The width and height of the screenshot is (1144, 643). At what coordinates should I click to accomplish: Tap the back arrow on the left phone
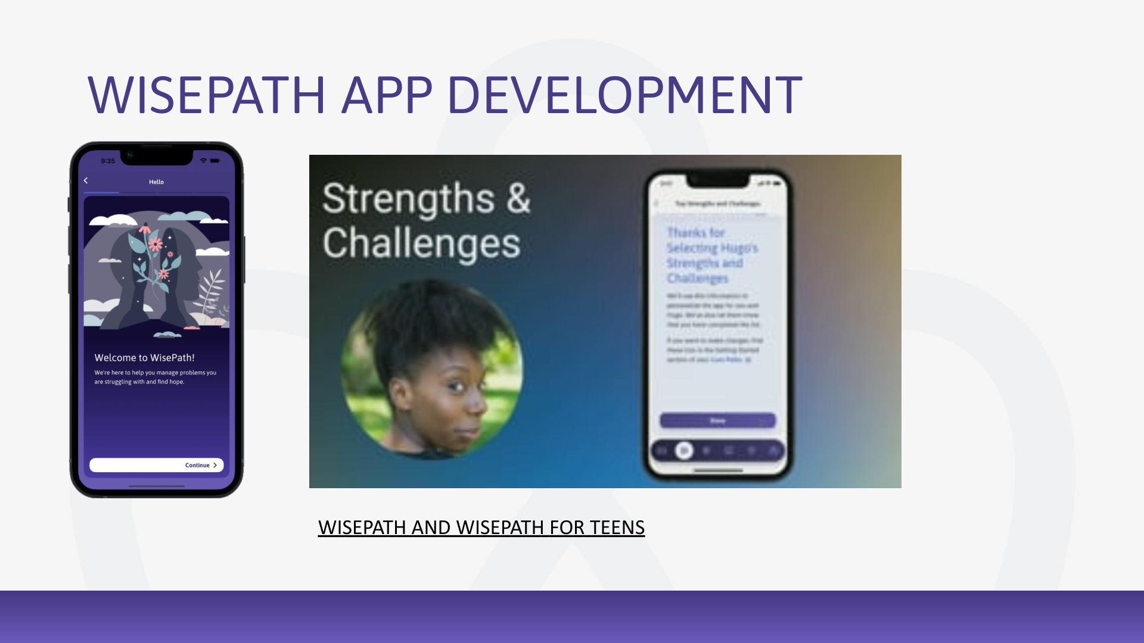click(x=86, y=180)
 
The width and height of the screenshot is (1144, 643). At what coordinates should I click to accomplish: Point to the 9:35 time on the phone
click(x=108, y=161)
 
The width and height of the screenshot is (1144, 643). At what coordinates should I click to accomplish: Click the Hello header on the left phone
click(x=156, y=182)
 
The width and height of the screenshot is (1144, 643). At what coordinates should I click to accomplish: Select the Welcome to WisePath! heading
click(x=144, y=357)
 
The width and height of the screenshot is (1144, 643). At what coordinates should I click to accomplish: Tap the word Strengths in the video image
click(x=408, y=198)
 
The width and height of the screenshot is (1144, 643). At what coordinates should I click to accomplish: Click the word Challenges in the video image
click(x=421, y=244)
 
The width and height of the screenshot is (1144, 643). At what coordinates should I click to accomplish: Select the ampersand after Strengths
click(x=518, y=198)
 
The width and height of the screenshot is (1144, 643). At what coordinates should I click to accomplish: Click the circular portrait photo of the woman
click(x=432, y=369)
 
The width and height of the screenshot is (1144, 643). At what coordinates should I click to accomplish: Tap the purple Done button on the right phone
click(x=717, y=420)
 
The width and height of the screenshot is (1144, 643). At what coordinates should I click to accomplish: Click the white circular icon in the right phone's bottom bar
click(x=684, y=451)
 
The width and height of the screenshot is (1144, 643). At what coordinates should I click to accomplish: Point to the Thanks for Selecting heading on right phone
click(x=711, y=255)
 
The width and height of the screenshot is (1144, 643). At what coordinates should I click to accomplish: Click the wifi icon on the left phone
click(x=203, y=161)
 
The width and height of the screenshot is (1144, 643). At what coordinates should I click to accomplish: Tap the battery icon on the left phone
click(x=214, y=161)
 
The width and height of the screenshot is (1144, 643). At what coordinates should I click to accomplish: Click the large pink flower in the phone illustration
click(x=156, y=244)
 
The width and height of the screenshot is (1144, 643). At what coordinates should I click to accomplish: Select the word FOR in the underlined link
click(x=567, y=527)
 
